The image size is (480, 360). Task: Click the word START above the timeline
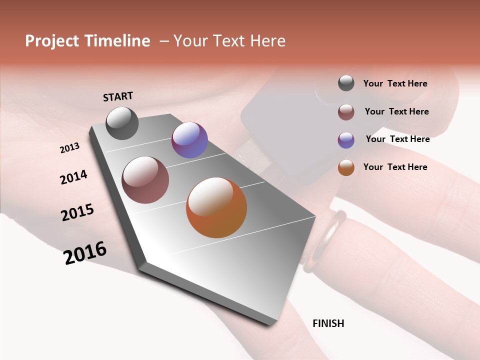(118, 96)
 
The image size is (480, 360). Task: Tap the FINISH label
(328, 323)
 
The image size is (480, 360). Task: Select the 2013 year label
(69, 148)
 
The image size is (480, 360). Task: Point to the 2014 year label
(73, 177)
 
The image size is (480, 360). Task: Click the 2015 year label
(77, 212)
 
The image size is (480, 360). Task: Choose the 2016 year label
(85, 252)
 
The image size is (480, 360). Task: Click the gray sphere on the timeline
(122, 123)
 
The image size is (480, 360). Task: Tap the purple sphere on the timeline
(189, 140)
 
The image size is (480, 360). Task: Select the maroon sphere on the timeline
(145, 180)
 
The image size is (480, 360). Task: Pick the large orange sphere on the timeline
(216, 207)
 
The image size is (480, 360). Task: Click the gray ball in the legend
(346, 83)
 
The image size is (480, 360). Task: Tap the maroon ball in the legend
(346, 112)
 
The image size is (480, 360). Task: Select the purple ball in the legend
(346, 139)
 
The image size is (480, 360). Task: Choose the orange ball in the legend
(346, 167)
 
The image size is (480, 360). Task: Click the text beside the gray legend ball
(395, 83)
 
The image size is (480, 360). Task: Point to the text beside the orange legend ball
(395, 167)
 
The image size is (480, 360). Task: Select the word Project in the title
(52, 41)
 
